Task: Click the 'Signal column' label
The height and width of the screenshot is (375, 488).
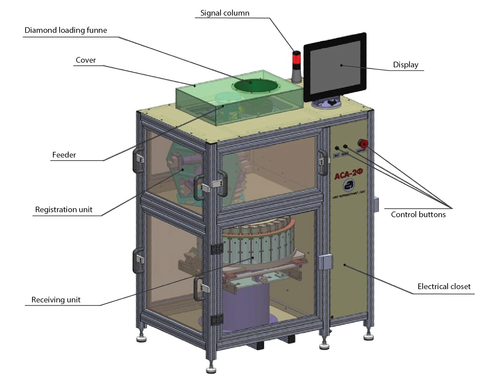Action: (x=224, y=13)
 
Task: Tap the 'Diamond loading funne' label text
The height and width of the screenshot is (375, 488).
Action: (x=66, y=31)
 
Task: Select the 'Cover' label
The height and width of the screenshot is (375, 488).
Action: (x=86, y=60)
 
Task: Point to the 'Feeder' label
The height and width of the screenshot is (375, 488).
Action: (x=64, y=155)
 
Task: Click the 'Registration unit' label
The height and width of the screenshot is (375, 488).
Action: (x=64, y=210)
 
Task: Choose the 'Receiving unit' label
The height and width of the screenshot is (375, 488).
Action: (x=56, y=300)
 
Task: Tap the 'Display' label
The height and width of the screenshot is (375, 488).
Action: (x=405, y=65)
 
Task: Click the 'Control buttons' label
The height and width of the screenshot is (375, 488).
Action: (x=418, y=215)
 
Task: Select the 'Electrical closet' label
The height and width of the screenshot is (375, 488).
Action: (x=444, y=286)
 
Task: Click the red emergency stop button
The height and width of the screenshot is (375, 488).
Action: (x=363, y=144)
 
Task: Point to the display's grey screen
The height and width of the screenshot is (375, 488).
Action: (x=335, y=66)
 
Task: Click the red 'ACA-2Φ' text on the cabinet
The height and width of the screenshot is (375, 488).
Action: (x=348, y=174)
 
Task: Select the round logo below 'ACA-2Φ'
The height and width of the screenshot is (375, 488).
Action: (x=348, y=185)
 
